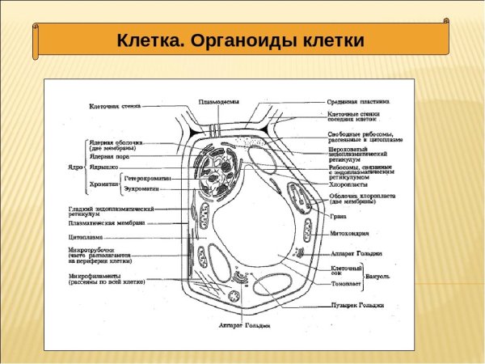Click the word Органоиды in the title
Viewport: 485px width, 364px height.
click(x=241, y=41)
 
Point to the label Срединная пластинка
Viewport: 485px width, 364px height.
click(x=358, y=102)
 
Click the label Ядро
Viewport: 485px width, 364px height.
click(x=74, y=167)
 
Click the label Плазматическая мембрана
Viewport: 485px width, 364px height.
click(x=105, y=222)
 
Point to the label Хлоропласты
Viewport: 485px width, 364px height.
click(x=349, y=184)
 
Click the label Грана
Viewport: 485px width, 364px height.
click(x=339, y=216)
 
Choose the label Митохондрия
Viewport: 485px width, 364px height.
click(x=351, y=232)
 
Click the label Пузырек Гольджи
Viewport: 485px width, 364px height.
click(x=356, y=305)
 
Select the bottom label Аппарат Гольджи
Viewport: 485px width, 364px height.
click(x=244, y=325)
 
